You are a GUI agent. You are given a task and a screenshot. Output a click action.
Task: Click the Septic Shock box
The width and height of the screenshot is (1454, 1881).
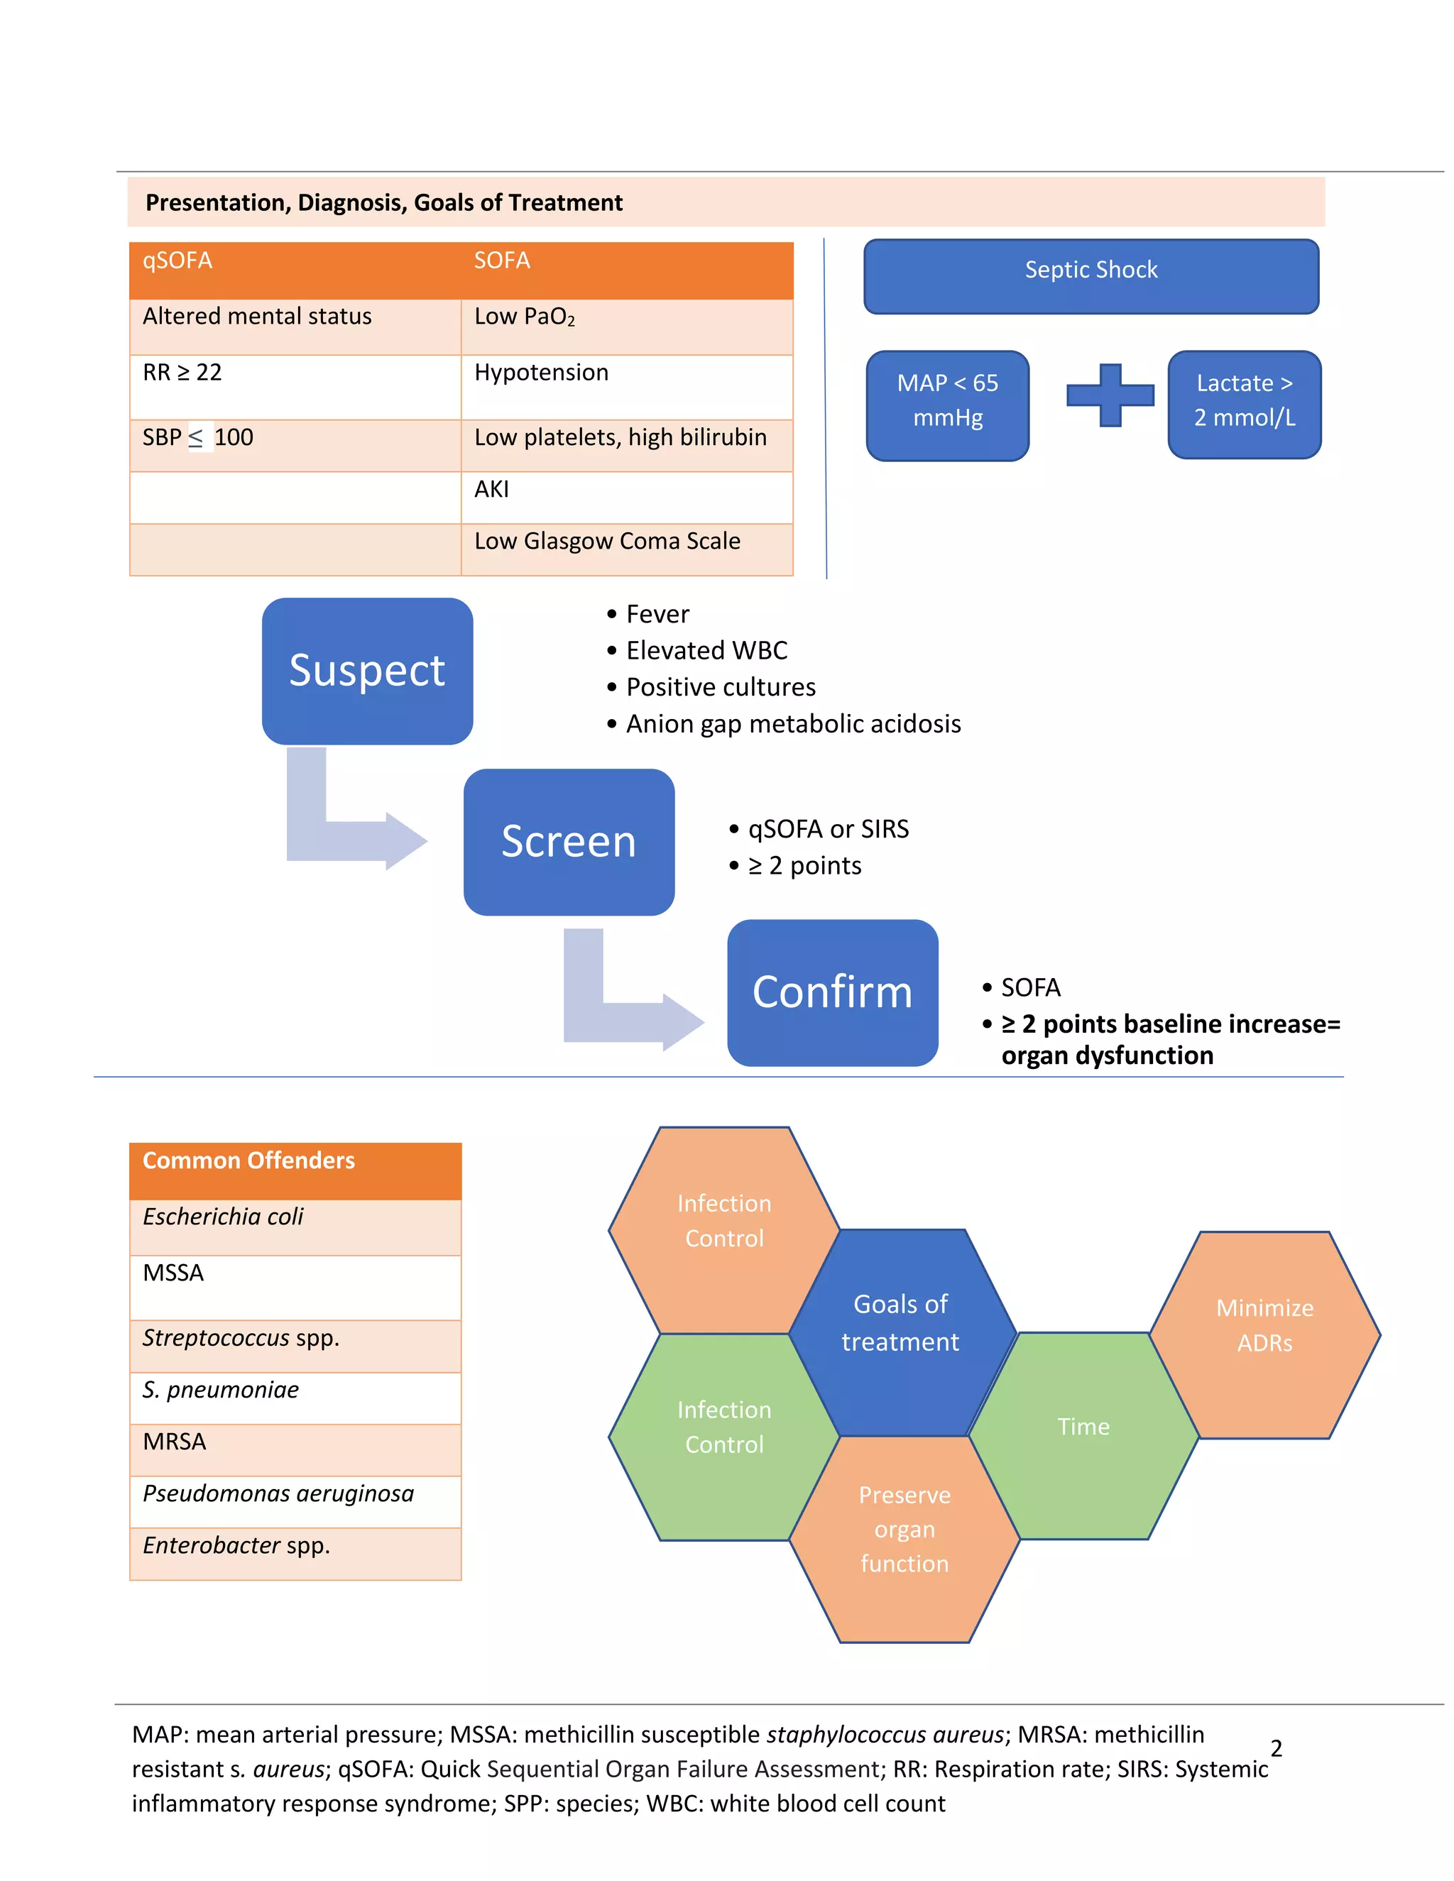coord(1090,276)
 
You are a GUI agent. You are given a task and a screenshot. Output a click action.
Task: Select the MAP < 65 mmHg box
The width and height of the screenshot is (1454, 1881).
coord(948,405)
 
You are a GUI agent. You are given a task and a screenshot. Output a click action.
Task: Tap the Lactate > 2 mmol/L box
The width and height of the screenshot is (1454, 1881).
coord(1244,404)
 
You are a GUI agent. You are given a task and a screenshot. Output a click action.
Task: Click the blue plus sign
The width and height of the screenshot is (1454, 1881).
coord(1110,395)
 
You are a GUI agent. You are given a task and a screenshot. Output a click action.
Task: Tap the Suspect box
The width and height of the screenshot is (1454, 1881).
coord(367,671)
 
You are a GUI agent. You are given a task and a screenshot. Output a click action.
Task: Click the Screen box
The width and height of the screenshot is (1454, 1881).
coord(569,841)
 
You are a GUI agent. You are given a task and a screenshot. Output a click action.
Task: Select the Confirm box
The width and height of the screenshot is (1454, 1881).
coord(832,992)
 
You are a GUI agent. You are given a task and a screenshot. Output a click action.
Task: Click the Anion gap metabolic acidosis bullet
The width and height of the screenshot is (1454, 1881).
coord(792,724)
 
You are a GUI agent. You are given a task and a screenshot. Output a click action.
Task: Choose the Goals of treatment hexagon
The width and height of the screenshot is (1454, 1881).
coord(901,1332)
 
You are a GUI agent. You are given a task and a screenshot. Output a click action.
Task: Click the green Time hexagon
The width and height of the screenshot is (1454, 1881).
coord(1083,1435)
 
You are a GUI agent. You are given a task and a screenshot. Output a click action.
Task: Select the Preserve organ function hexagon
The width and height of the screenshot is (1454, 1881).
coord(904,1538)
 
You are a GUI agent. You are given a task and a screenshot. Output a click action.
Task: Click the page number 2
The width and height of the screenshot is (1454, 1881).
coord(1276,1748)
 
